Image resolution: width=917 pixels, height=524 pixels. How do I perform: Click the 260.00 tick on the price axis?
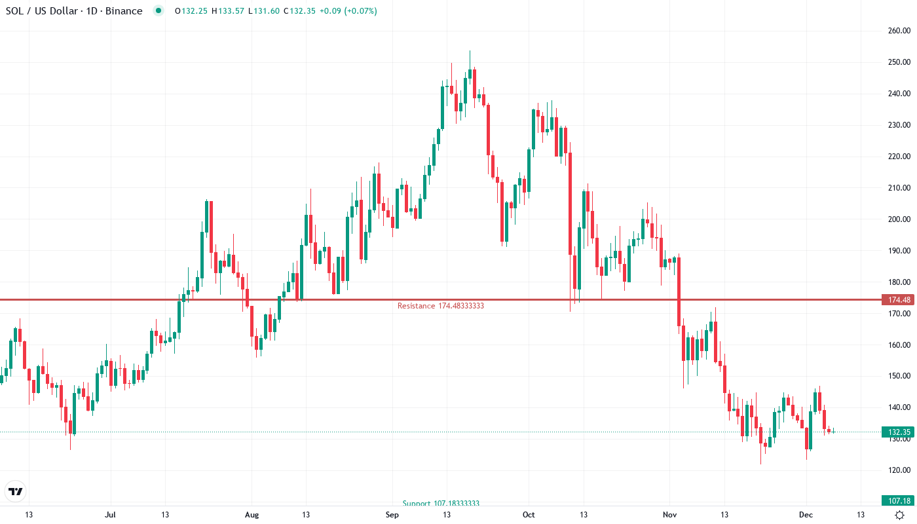point(899,31)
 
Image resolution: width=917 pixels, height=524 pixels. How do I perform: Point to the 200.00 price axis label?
point(899,219)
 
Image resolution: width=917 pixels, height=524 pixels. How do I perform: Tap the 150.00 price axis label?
point(899,376)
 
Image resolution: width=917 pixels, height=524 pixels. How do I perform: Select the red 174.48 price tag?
point(899,300)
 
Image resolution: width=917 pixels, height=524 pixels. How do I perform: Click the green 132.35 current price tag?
point(899,432)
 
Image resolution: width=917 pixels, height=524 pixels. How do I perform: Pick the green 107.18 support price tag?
point(899,500)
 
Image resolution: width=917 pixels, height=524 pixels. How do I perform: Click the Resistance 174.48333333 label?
point(440,306)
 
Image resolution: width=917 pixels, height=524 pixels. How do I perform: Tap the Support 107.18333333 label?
point(441,504)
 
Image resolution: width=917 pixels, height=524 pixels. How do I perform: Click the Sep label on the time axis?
point(392,515)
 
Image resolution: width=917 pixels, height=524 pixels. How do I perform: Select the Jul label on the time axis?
point(110,515)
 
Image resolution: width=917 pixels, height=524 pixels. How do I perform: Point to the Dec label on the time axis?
point(806,515)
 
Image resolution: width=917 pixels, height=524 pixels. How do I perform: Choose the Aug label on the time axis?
point(252,515)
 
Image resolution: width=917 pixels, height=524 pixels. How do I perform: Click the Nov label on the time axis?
point(669,515)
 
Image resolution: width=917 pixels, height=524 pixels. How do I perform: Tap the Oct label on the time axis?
point(529,515)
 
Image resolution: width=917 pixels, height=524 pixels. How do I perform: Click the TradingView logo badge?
point(16,491)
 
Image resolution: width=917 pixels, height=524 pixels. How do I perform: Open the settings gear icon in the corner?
point(899,515)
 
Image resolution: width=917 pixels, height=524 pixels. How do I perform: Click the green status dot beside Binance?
point(158,10)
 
